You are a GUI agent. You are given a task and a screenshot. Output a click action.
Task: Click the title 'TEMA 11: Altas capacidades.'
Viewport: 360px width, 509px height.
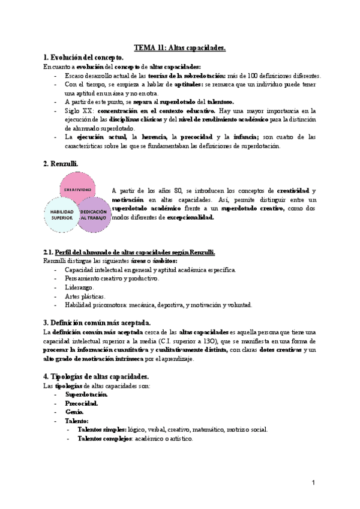tap(179, 48)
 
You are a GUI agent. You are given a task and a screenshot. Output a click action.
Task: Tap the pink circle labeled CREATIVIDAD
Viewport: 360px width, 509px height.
tap(77, 189)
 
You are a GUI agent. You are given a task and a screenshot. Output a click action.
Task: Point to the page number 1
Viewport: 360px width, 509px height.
tap(313, 483)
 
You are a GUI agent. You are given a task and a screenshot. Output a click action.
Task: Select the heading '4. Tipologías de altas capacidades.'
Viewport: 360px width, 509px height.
tap(97, 376)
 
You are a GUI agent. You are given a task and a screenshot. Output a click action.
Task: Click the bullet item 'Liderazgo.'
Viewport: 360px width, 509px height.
tap(80, 287)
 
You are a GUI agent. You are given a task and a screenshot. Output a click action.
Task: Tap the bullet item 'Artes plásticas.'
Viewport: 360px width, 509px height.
tap(85, 296)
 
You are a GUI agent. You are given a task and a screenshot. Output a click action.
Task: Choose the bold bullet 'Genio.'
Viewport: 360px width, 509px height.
tap(75, 412)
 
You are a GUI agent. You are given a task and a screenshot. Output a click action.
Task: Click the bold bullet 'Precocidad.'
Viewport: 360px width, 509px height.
tap(82, 403)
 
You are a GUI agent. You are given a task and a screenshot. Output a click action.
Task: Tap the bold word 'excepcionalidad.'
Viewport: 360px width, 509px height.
tap(190, 217)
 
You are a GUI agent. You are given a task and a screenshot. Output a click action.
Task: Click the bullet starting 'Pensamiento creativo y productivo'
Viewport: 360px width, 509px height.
tap(112, 279)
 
